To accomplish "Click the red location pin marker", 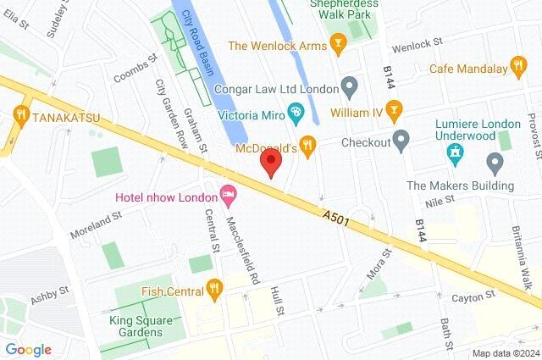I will [270, 161].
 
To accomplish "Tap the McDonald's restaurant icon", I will [309, 146].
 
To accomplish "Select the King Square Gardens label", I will [135, 326].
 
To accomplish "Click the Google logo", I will [28, 349].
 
